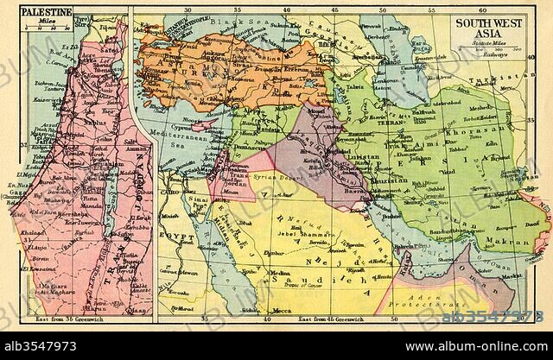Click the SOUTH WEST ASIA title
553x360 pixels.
tap(490, 26)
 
